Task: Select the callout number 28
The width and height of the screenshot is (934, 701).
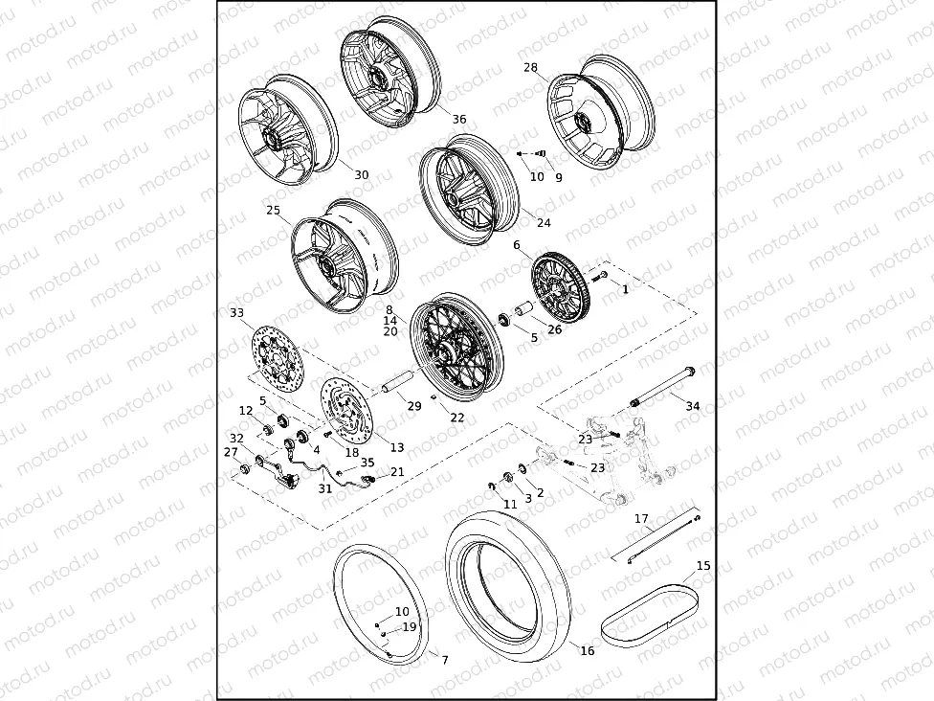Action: pyautogui.click(x=530, y=68)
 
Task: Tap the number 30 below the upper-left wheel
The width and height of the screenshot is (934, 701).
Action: pyautogui.click(x=361, y=175)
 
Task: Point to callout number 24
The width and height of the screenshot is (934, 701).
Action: pyautogui.click(x=544, y=223)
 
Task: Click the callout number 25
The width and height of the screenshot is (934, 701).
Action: pyautogui.click(x=273, y=210)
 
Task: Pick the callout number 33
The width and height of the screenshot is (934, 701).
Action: pyautogui.click(x=237, y=313)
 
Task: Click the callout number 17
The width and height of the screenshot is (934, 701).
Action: pyautogui.click(x=642, y=518)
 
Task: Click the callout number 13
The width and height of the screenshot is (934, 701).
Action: pyautogui.click(x=396, y=447)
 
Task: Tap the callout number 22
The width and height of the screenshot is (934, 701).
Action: pyautogui.click(x=457, y=418)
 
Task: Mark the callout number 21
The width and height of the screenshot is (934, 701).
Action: pyautogui.click(x=397, y=472)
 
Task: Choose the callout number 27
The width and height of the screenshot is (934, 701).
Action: pyautogui.click(x=231, y=452)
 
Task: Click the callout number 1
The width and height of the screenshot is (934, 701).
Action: pyautogui.click(x=626, y=288)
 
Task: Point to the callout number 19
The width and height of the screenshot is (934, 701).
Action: pyautogui.click(x=409, y=627)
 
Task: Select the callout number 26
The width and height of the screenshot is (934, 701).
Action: pyautogui.click(x=555, y=330)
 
